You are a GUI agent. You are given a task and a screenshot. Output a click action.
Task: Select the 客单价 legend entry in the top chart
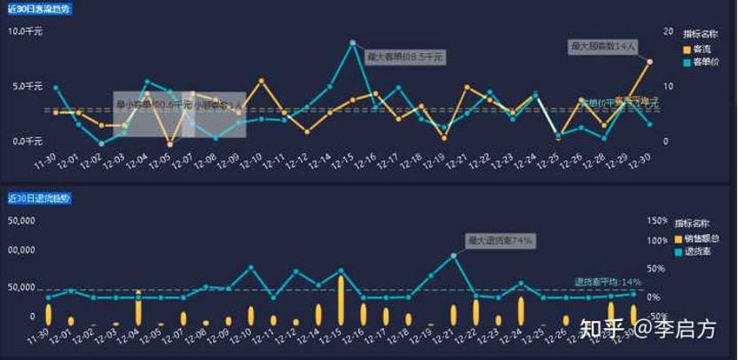pos(706,62)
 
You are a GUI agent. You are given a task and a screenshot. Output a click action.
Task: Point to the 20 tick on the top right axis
pos(668,31)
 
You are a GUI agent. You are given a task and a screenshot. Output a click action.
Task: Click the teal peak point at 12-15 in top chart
pos(353,43)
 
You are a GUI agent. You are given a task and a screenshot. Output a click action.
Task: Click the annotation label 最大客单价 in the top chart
pos(405,57)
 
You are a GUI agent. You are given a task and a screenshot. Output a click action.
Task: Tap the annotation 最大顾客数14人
pos(603,45)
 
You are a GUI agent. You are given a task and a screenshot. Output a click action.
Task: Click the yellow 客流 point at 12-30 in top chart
pos(650,62)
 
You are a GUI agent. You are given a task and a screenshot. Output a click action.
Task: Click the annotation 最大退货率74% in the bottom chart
pos(501,240)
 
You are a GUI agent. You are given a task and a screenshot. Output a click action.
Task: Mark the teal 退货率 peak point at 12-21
pos(454,255)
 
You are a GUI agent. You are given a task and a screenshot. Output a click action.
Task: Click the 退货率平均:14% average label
pos(608,281)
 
